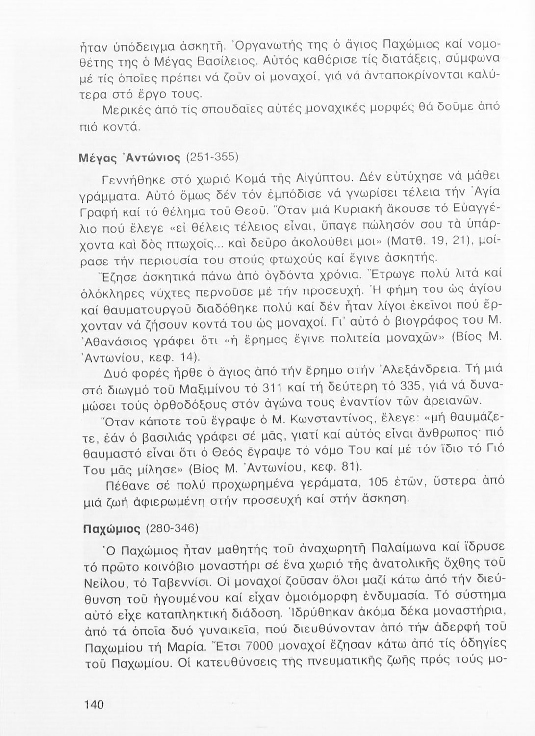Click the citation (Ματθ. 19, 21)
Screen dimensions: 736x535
(433, 242)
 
